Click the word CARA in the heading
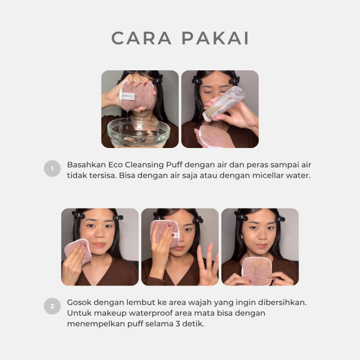point(141,38)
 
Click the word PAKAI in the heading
point(216,38)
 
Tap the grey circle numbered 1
point(52,168)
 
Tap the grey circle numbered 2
point(52,306)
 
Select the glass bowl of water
point(139,132)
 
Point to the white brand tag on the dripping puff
point(127,96)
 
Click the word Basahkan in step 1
point(86,165)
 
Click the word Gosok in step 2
point(79,302)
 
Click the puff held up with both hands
point(257,271)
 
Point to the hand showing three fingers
point(208,264)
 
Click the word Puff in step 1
point(174,165)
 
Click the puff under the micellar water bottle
point(216,137)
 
